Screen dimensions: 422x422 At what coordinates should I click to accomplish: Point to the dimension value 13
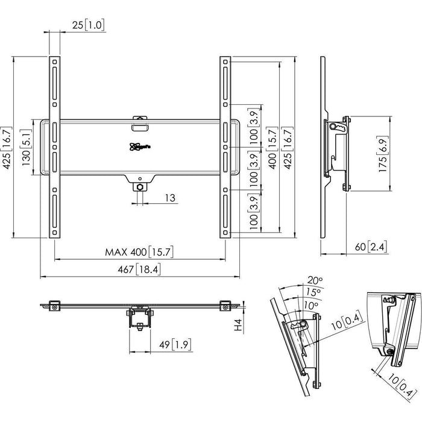click(x=170, y=198)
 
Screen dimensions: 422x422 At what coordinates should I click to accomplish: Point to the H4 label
click(x=239, y=326)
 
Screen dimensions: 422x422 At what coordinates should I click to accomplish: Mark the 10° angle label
click(x=310, y=305)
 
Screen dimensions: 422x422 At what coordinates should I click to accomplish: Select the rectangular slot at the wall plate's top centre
click(x=140, y=126)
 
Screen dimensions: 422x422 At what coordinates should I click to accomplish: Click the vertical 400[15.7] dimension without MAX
click(x=272, y=147)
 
